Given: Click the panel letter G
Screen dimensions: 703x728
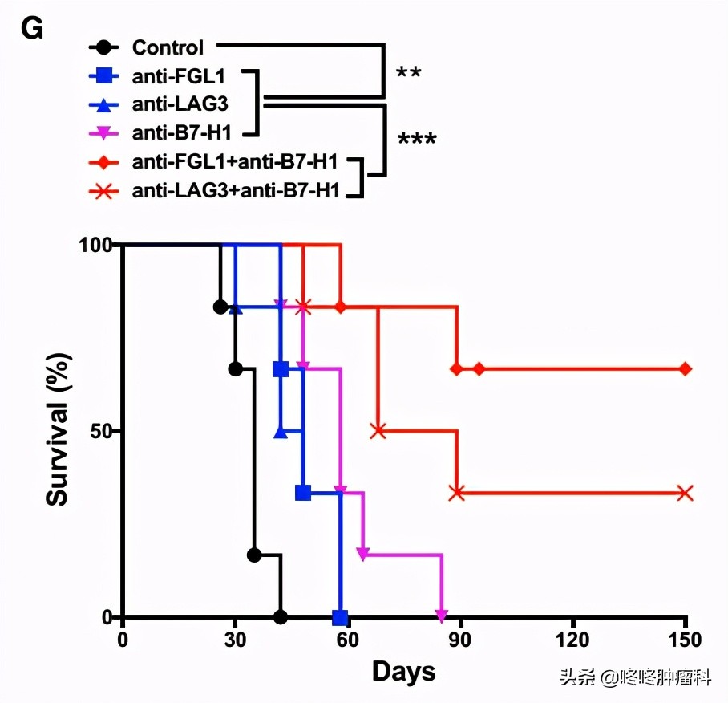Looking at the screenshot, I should coord(32,30).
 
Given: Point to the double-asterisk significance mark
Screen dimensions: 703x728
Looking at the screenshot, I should coord(409,75).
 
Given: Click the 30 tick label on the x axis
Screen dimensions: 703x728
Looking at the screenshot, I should coord(235,640).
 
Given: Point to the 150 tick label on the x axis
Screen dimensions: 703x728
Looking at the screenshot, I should coord(685,640).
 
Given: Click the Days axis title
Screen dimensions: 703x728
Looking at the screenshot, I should coord(403,672).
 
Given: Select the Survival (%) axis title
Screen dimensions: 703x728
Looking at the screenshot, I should coord(58,431).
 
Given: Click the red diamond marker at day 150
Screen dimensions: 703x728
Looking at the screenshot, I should coord(685,368).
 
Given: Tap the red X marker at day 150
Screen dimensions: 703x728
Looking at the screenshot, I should coord(685,493).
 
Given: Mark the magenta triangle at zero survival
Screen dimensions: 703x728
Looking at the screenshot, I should coord(441,616).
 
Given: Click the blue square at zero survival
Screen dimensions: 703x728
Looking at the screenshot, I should coord(340,617).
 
